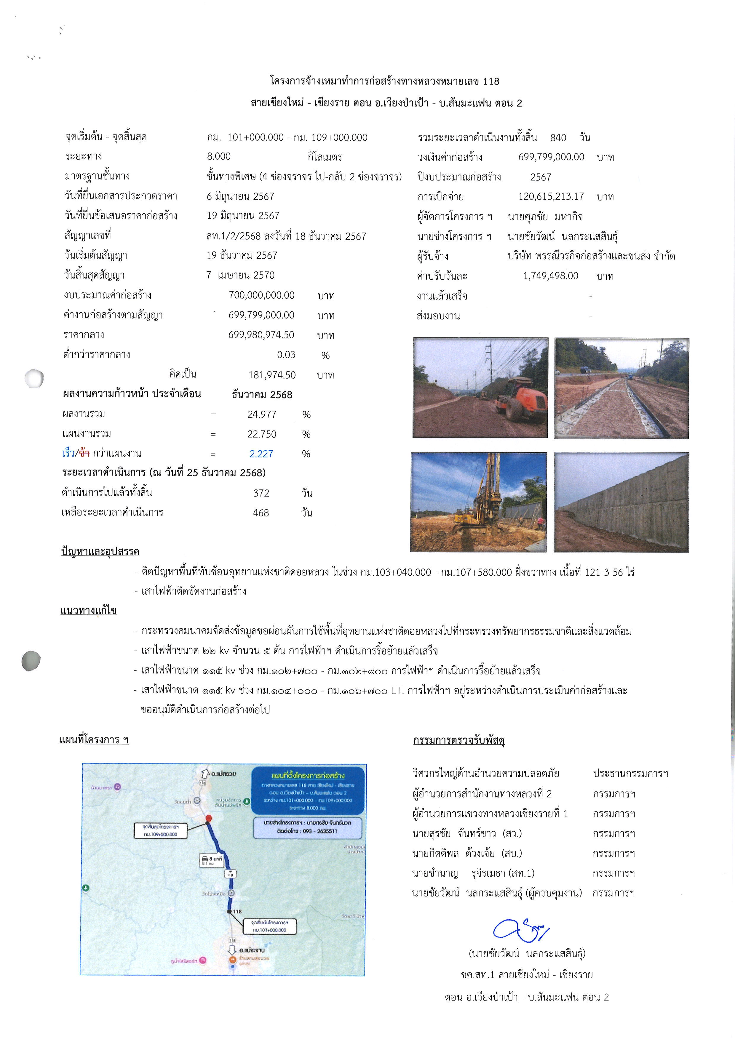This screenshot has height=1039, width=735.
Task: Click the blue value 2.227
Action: pyautogui.click(x=261, y=454)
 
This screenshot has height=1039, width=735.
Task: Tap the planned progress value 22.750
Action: pyautogui.click(x=262, y=434)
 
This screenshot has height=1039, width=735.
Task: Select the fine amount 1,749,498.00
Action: pyautogui.click(x=550, y=276)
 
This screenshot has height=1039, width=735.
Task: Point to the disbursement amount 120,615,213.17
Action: pyautogui.click(x=551, y=196)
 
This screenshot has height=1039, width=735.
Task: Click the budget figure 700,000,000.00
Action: pyautogui.click(x=262, y=295)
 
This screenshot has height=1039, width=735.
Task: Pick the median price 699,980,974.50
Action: pyautogui.click(x=261, y=335)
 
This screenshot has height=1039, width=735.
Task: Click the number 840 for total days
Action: pyautogui.click(x=558, y=137)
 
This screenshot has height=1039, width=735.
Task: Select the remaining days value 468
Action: pyautogui.click(x=261, y=513)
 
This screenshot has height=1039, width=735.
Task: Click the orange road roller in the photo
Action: pyautogui.click(x=520, y=398)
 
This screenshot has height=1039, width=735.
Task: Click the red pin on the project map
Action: pyautogui.click(x=208, y=818)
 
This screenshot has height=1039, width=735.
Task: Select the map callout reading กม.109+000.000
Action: pyautogui.click(x=161, y=830)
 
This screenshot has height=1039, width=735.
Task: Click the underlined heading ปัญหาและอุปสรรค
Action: pyautogui.click(x=100, y=552)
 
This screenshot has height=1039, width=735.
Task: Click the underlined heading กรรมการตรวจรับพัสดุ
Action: pyautogui.click(x=458, y=740)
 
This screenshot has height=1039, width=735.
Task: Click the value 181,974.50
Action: pyautogui.click(x=272, y=375)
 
